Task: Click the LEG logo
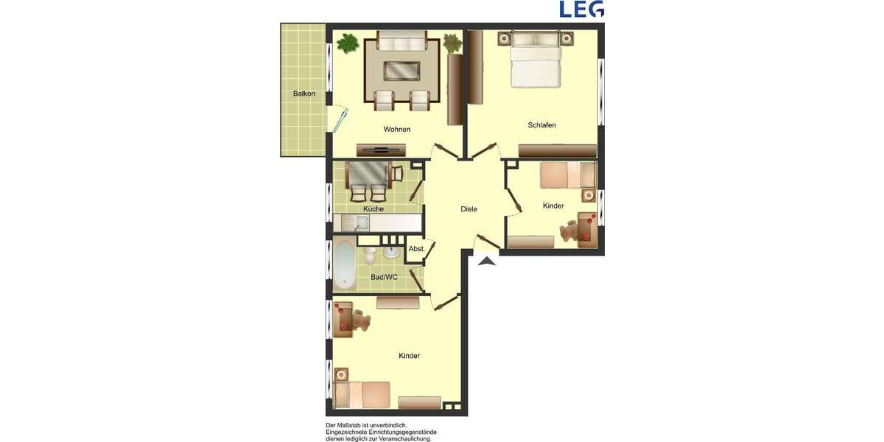point(581,9)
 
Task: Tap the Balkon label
point(304,94)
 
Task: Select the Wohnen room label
point(396,130)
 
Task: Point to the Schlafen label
point(541,125)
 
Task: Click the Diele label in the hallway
point(469,209)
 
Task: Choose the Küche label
point(373,209)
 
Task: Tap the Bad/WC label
point(383,277)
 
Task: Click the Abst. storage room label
point(416,249)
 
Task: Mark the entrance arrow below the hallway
point(488,260)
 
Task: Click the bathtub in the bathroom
point(343,263)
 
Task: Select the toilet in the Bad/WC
point(370,256)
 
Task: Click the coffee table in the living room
point(401,71)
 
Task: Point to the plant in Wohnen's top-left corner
point(347,43)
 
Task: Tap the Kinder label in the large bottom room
point(409,356)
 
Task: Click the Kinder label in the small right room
point(552,206)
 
